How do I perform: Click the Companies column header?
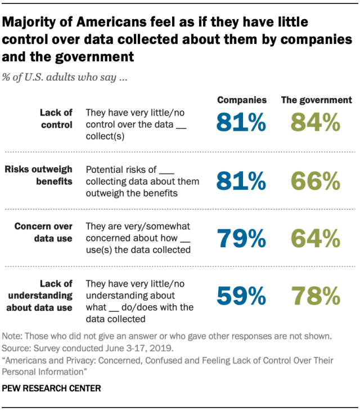tap(242, 100)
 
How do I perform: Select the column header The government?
tap(316, 100)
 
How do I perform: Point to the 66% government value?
tap(316, 181)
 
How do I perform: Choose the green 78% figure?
tap(316, 296)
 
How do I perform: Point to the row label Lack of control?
tap(55, 119)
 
